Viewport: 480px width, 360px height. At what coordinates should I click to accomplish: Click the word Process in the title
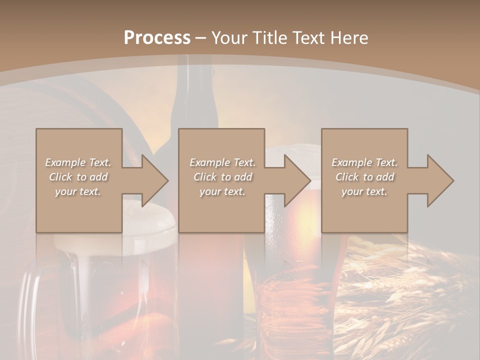pyautogui.click(x=157, y=38)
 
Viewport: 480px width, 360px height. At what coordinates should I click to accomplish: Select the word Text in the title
pyautogui.click(x=309, y=38)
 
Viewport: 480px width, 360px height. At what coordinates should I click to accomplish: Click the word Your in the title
pyautogui.click(x=229, y=38)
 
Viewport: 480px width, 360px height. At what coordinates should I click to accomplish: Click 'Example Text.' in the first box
pyautogui.click(x=78, y=162)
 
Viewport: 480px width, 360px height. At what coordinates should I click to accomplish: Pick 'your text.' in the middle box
pyautogui.click(x=222, y=191)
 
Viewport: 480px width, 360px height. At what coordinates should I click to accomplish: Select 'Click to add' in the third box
pyautogui.click(x=364, y=177)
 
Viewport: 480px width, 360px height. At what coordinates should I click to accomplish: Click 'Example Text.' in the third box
pyautogui.click(x=364, y=162)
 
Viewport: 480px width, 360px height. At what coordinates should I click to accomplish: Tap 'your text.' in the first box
pyautogui.click(x=78, y=191)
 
